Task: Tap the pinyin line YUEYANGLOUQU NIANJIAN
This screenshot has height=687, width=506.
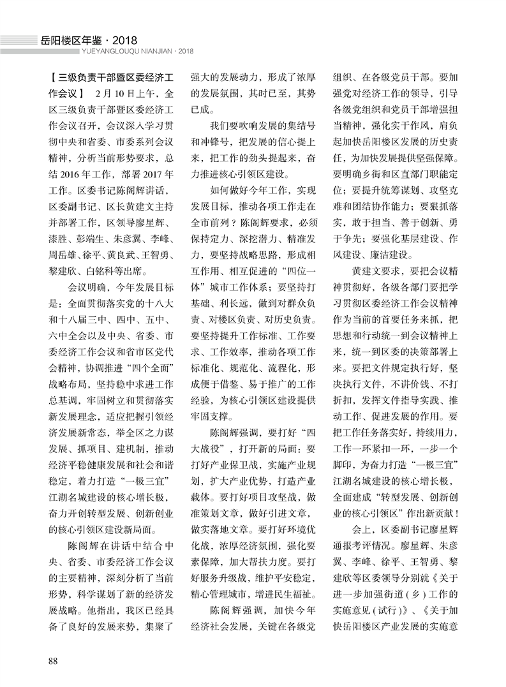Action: pos(117,52)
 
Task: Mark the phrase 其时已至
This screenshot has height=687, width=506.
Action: pos(269,93)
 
